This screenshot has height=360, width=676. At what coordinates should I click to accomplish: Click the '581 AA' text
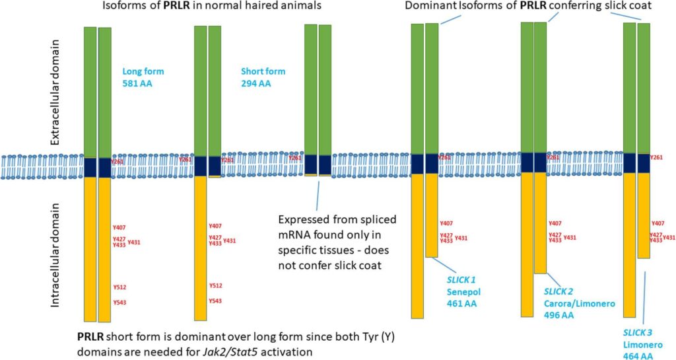click(137, 83)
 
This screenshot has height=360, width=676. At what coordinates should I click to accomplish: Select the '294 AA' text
click(255, 83)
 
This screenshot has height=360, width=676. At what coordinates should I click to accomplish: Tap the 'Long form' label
click(143, 71)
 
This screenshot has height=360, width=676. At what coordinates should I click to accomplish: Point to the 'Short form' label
click(262, 71)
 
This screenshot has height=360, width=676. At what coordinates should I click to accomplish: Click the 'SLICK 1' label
click(461, 280)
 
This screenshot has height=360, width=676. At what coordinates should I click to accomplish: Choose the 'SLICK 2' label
click(558, 291)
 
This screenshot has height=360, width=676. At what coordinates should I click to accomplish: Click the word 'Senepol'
click(462, 292)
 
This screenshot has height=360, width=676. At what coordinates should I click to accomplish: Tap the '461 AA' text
click(461, 304)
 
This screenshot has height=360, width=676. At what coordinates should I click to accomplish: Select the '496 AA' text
click(558, 316)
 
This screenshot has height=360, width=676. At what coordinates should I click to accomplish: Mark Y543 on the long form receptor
click(119, 303)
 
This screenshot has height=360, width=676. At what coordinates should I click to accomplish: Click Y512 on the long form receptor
click(119, 286)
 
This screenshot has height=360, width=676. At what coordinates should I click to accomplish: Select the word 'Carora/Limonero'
click(580, 303)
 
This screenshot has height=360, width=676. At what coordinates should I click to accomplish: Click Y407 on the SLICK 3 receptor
click(658, 224)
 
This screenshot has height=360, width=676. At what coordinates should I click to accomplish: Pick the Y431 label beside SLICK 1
click(461, 238)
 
